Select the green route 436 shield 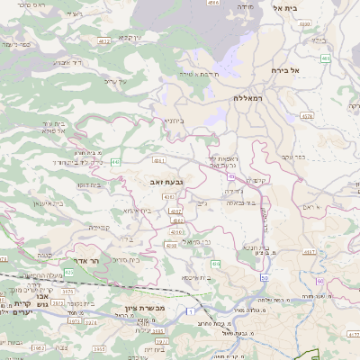pyautogui.click(x=216, y=263)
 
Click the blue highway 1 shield pyautogui.click(x=191, y=310)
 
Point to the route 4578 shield pyautogui.click(x=307, y=116)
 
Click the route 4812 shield pyautogui.click(x=104, y=40)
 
